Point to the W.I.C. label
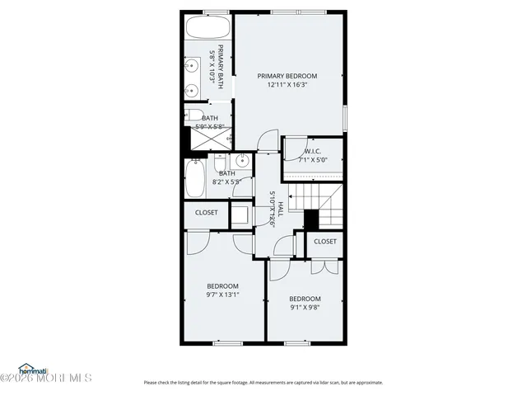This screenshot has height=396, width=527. [x=312, y=151]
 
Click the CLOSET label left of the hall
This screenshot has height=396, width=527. [x=207, y=212]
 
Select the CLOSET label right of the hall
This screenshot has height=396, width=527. [x=324, y=241]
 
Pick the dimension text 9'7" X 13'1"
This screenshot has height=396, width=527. [x=222, y=295]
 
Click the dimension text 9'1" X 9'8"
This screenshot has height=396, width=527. [x=305, y=308]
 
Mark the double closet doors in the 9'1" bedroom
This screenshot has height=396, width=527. [x=324, y=266]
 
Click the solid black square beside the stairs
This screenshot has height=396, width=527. [x=311, y=219]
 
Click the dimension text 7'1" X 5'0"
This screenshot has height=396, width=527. [x=312, y=159]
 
